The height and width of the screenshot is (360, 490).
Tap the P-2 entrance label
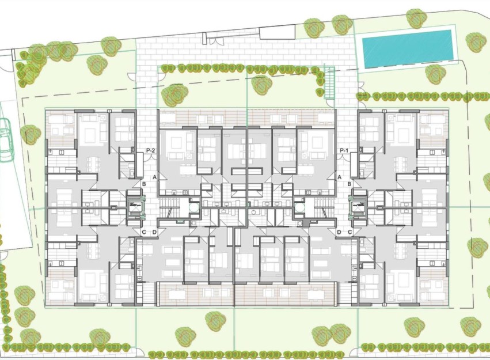point(151,150)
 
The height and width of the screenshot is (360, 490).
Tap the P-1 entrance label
point(344,150)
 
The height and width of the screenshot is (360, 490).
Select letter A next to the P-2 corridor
point(154,177)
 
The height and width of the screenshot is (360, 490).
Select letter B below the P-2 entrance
point(143,184)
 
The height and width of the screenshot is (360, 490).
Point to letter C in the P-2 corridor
point(144,232)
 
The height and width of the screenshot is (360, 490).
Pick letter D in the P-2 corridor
point(154,232)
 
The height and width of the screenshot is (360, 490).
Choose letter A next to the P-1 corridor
point(340,177)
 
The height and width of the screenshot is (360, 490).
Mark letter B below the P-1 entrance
point(350,184)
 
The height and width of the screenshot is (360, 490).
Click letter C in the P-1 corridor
point(350,232)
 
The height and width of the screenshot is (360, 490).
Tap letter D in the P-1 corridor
point(339,232)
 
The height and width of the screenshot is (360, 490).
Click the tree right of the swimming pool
point(476,42)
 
